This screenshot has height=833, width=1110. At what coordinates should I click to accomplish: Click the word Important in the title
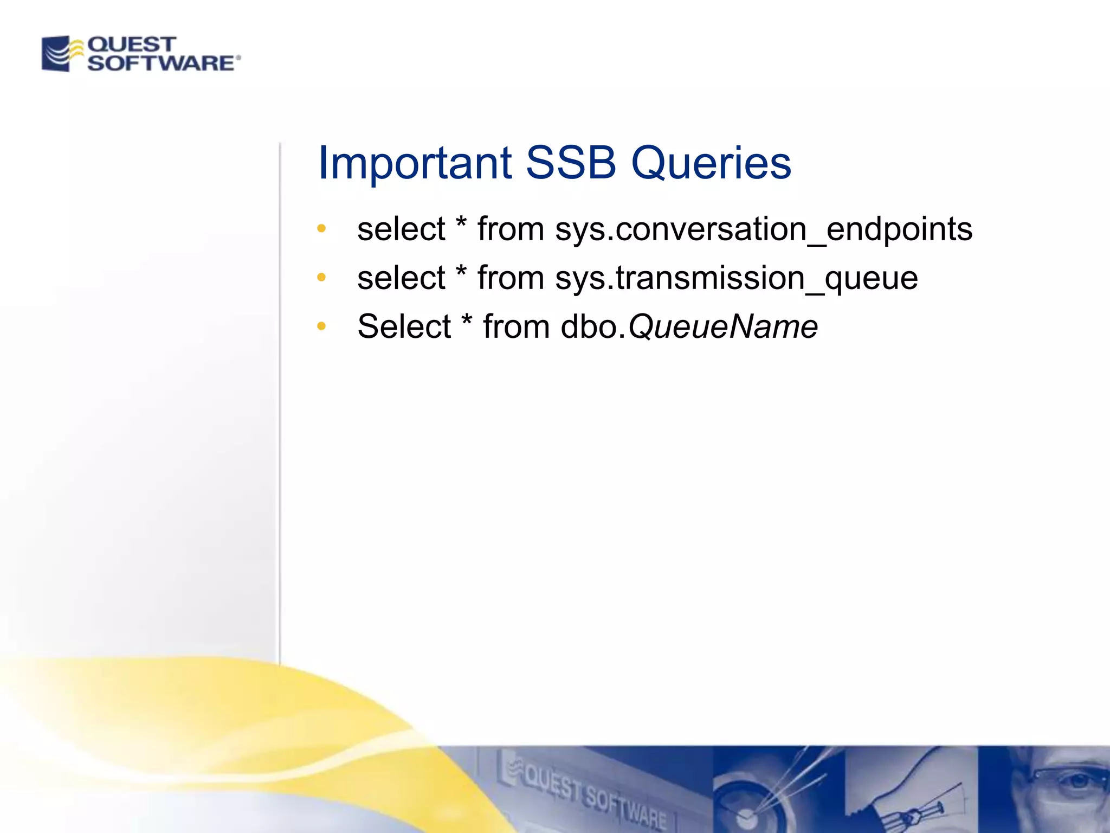click(x=415, y=163)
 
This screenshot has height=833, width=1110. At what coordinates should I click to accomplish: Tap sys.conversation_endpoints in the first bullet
click(x=764, y=229)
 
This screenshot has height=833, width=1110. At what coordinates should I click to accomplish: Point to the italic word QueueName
click(x=722, y=327)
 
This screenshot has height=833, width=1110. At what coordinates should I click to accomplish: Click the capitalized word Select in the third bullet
click(x=404, y=327)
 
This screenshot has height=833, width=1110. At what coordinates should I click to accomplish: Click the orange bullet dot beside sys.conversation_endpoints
click(x=321, y=229)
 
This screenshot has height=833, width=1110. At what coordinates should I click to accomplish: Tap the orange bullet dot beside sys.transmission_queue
click(x=321, y=278)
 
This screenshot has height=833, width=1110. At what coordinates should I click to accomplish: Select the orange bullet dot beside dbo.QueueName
click(x=321, y=326)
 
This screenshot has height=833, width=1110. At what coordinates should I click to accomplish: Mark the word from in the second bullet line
click(x=511, y=278)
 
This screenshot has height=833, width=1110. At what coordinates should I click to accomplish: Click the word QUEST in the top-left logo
click(x=131, y=44)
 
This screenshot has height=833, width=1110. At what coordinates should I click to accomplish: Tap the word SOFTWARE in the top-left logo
click(x=160, y=63)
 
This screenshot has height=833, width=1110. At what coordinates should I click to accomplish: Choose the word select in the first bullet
click(x=401, y=229)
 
